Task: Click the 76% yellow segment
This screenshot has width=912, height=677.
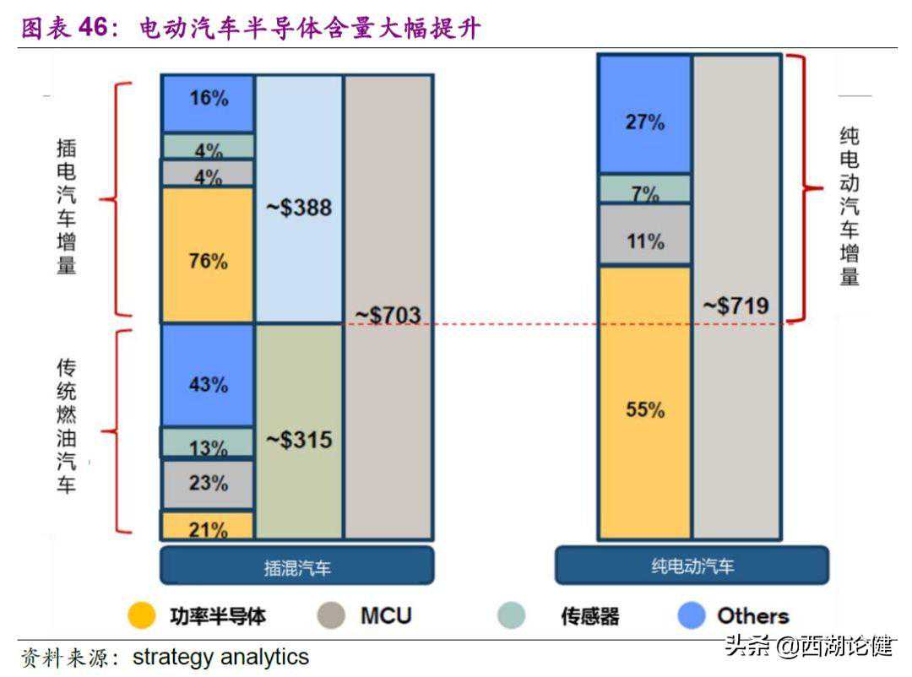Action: pyautogui.click(x=208, y=254)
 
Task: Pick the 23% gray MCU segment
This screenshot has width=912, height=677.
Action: pyautogui.click(x=208, y=484)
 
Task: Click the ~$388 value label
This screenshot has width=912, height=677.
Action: pyautogui.click(x=299, y=207)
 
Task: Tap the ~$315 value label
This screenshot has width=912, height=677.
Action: pyautogui.click(x=299, y=440)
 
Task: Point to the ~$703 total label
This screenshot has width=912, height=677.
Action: pyautogui.click(x=388, y=316)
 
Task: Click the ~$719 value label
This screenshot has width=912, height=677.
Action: pyautogui.click(x=736, y=306)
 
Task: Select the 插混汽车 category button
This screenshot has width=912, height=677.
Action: pyautogui.click(x=296, y=566)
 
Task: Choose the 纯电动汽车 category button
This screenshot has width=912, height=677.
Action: pyautogui.click(x=692, y=566)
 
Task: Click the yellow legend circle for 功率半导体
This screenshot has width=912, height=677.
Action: pyautogui.click(x=142, y=615)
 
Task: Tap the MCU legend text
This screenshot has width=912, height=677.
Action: pyautogui.click(x=386, y=615)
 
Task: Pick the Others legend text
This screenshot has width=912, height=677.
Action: pyautogui.click(x=752, y=615)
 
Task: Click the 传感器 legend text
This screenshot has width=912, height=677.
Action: pyautogui.click(x=589, y=616)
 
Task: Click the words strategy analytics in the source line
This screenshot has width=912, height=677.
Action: pyautogui.click(x=220, y=657)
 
